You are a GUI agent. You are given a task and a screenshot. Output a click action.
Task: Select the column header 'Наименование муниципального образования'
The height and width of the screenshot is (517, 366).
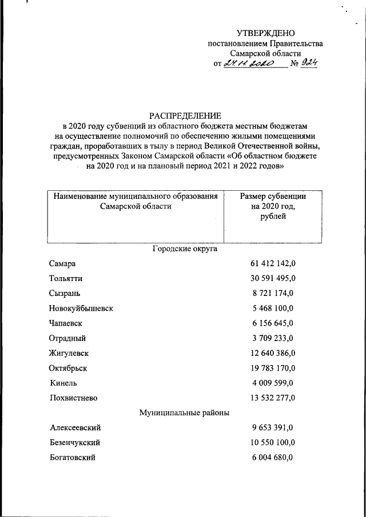[x=135, y=197]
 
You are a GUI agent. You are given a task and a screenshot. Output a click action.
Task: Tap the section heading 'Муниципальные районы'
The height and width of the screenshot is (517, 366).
[x=185, y=412]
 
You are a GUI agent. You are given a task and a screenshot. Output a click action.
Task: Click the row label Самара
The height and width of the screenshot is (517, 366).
[x=63, y=263]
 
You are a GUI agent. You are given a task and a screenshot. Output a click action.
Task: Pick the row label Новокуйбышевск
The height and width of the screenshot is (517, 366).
[x=81, y=308]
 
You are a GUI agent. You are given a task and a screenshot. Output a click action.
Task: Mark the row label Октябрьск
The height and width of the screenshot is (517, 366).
[x=69, y=368]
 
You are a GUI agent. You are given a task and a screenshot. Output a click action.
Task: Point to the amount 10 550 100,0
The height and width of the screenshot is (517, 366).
[x=272, y=443]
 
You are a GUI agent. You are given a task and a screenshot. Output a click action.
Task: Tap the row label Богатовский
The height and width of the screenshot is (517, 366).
[x=73, y=458]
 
